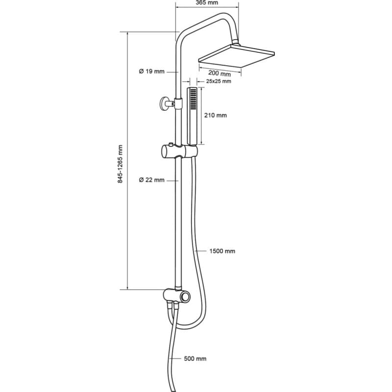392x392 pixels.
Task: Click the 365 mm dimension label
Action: click(207, 2)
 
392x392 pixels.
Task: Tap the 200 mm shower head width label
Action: click(220, 73)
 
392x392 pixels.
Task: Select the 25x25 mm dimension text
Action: click(219, 81)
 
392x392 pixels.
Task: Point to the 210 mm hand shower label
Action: click(216, 115)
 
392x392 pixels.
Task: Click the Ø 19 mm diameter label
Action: click(152, 72)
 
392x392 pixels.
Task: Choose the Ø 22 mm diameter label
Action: click(152, 180)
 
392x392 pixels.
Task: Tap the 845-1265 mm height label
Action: click(121, 164)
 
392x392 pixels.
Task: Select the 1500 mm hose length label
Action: click(222, 251)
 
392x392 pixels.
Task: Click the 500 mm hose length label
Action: click(195, 359)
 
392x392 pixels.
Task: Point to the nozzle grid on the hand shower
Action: click(193, 99)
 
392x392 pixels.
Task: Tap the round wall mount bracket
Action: click(164, 104)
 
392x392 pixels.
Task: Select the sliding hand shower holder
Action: click(179, 151)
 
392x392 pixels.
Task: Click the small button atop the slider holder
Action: click(171, 144)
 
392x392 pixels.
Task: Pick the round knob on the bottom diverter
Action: click(186, 297)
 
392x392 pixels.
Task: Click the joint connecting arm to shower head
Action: click(236, 42)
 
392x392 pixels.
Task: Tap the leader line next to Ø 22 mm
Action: click(172, 180)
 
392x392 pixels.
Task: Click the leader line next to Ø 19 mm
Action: click(172, 72)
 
